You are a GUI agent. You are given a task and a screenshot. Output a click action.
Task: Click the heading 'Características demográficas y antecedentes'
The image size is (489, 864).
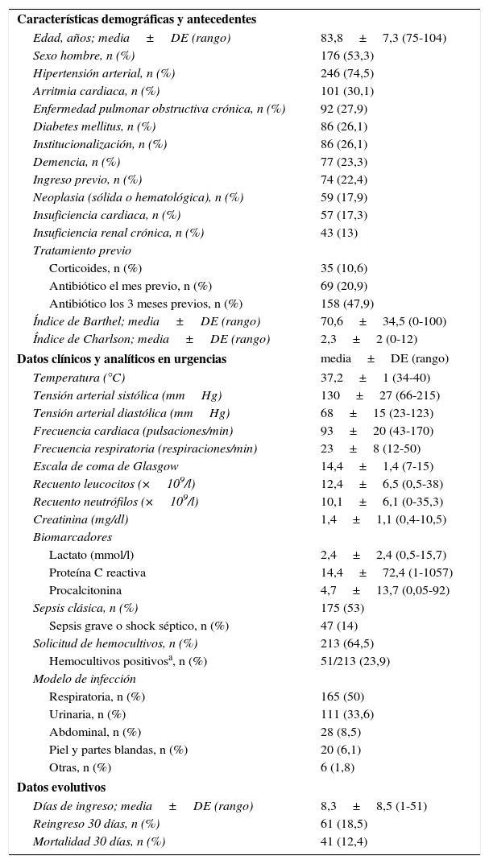136,19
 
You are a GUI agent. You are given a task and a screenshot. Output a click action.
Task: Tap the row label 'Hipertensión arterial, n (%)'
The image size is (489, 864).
104,73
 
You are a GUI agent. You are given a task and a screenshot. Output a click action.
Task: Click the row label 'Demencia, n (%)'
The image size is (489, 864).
77,162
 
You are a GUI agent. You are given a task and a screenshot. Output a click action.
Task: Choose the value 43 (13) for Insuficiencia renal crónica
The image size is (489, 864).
339,233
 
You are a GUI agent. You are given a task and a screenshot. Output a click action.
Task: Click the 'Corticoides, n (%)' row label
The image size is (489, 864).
95,268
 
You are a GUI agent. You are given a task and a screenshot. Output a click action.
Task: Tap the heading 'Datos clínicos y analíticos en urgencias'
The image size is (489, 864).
122,359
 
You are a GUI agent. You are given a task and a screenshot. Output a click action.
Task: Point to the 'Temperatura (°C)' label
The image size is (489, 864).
79,378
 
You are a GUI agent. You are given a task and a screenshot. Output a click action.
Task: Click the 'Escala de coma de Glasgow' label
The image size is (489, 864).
106,466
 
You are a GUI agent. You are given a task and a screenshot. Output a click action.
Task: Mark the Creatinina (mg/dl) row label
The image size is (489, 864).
81,519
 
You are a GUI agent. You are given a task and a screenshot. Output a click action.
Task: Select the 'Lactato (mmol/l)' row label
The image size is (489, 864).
91,555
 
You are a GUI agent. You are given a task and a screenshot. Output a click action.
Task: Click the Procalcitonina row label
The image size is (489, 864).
86,590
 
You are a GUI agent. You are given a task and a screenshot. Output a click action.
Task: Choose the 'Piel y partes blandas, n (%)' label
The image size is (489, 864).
118,750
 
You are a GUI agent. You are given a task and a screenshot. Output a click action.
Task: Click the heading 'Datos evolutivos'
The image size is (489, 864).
61,788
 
